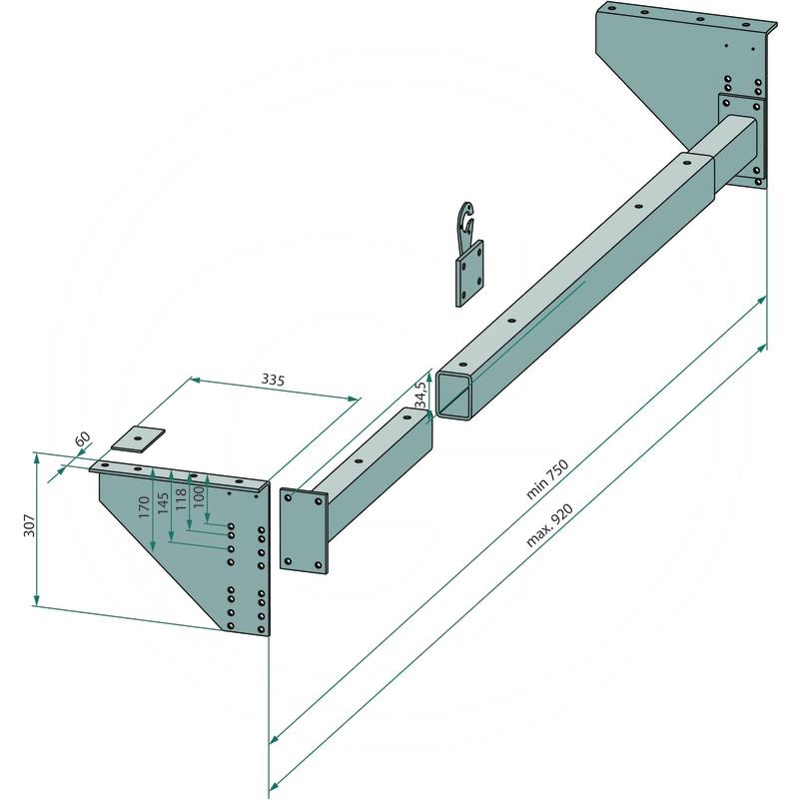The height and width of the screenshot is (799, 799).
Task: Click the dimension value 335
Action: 273,380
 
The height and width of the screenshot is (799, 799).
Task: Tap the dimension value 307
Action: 30,525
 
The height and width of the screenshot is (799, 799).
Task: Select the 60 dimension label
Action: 83,438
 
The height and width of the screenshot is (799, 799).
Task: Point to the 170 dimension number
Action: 144,507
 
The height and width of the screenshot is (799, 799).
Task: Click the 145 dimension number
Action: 163,503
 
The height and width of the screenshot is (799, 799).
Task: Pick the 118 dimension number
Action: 181,499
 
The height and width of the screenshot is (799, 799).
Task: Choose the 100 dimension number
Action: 198,495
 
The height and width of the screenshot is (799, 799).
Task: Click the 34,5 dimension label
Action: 420,394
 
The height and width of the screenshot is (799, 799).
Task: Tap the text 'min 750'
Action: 546,479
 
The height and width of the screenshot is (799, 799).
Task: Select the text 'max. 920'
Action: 548,525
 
